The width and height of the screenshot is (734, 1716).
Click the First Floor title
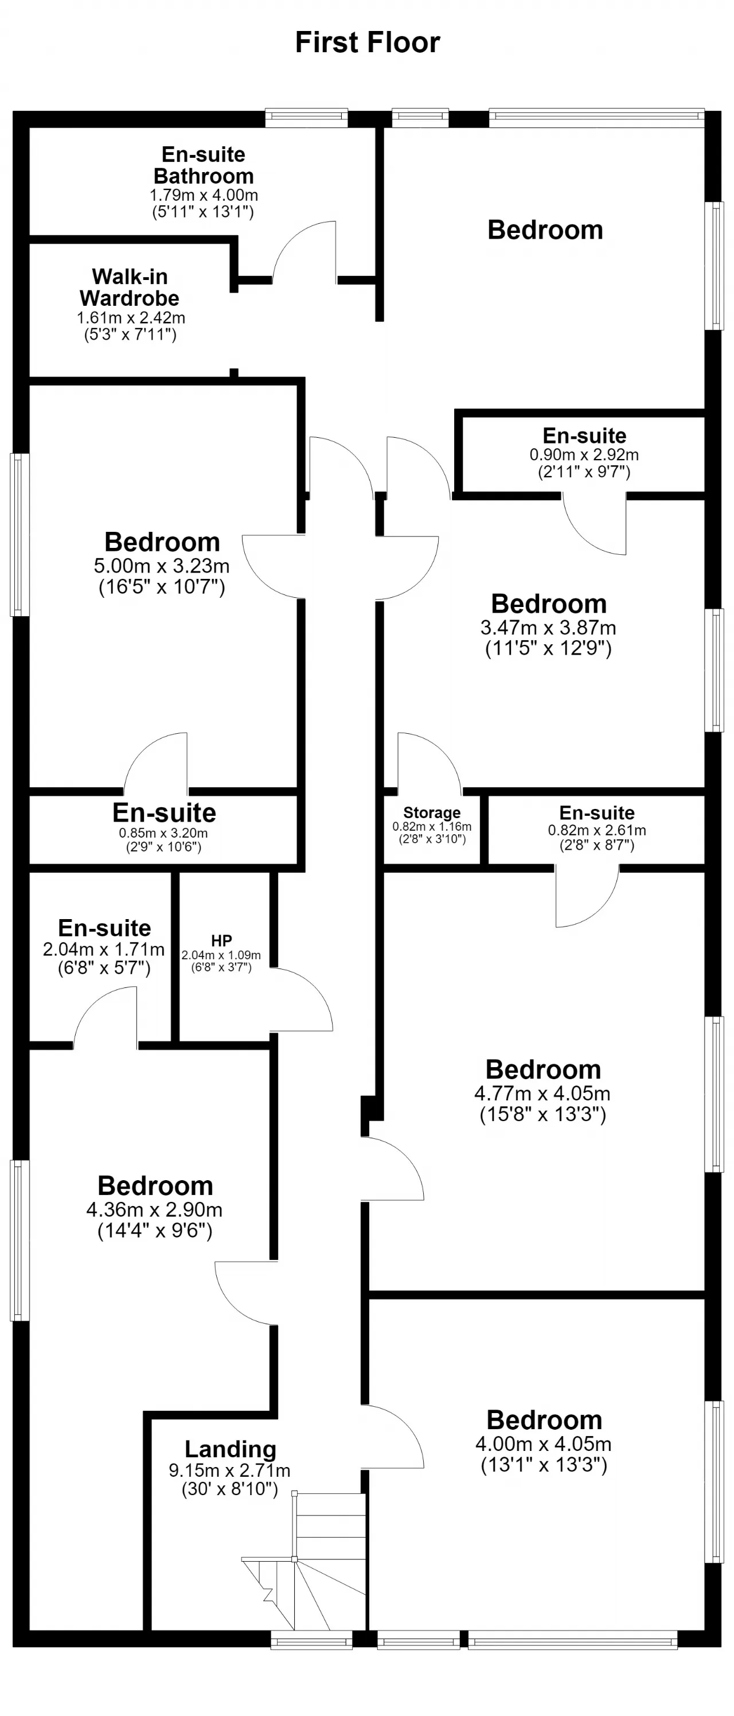click(x=367, y=42)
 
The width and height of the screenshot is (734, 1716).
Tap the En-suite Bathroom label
click(x=204, y=165)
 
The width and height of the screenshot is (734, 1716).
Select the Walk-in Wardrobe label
click(x=130, y=287)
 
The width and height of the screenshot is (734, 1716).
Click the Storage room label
click(x=432, y=813)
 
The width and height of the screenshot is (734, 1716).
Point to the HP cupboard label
click(x=221, y=940)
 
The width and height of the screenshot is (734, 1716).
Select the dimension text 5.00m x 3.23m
click(x=162, y=566)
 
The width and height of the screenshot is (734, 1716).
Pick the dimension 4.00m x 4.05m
click(x=544, y=1444)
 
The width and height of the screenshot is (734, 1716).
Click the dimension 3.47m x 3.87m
click(x=548, y=628)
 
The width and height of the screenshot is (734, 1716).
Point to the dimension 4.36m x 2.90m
click(x=154, y=1210)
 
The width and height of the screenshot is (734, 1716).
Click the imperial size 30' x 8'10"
click(x=230, y=1490)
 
